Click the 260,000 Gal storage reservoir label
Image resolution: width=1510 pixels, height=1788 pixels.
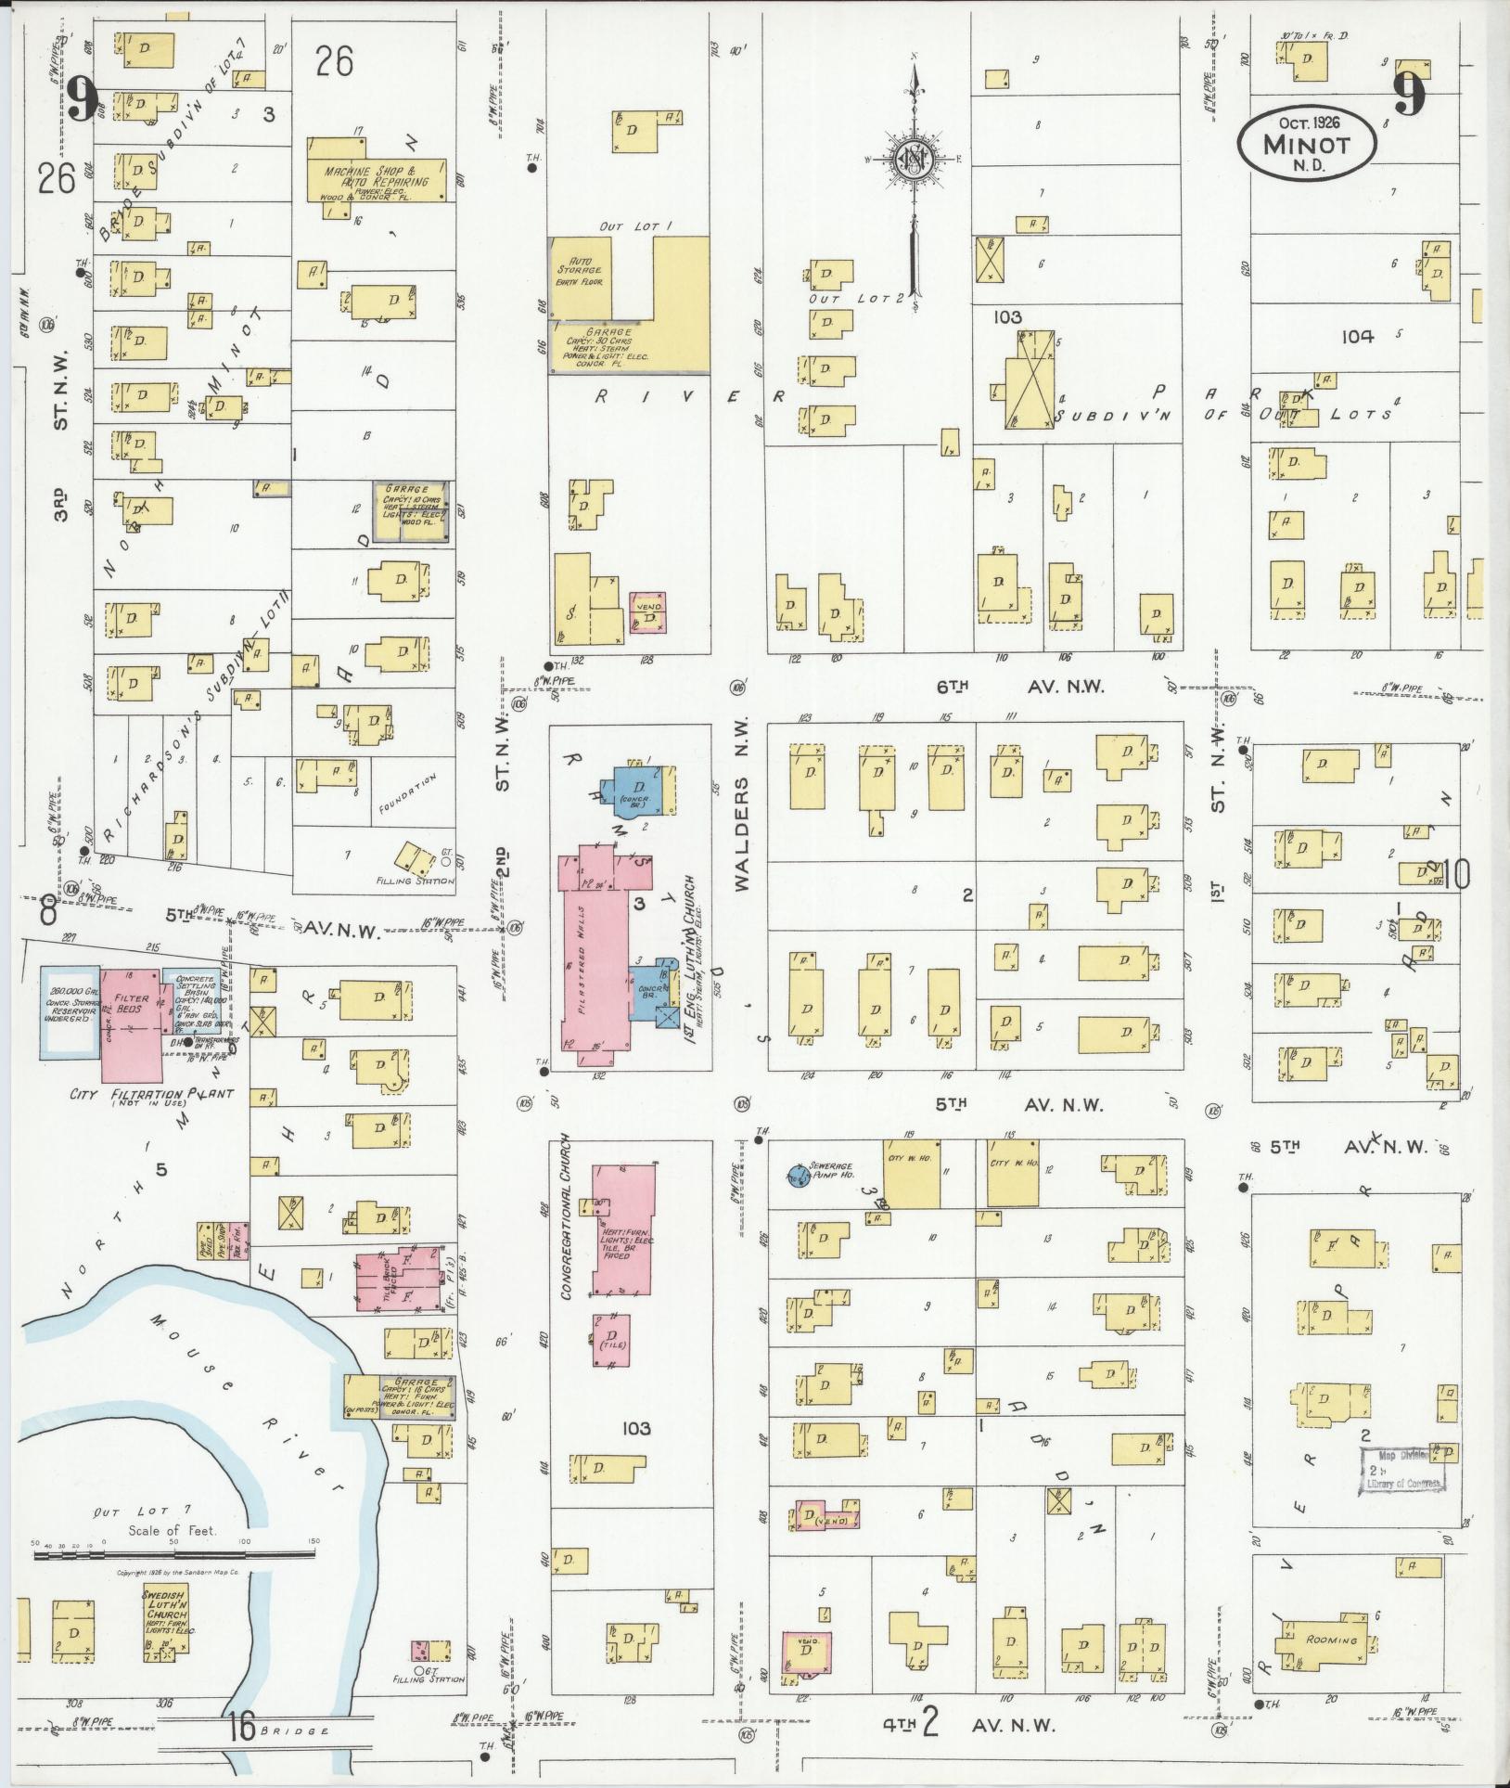68,1001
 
